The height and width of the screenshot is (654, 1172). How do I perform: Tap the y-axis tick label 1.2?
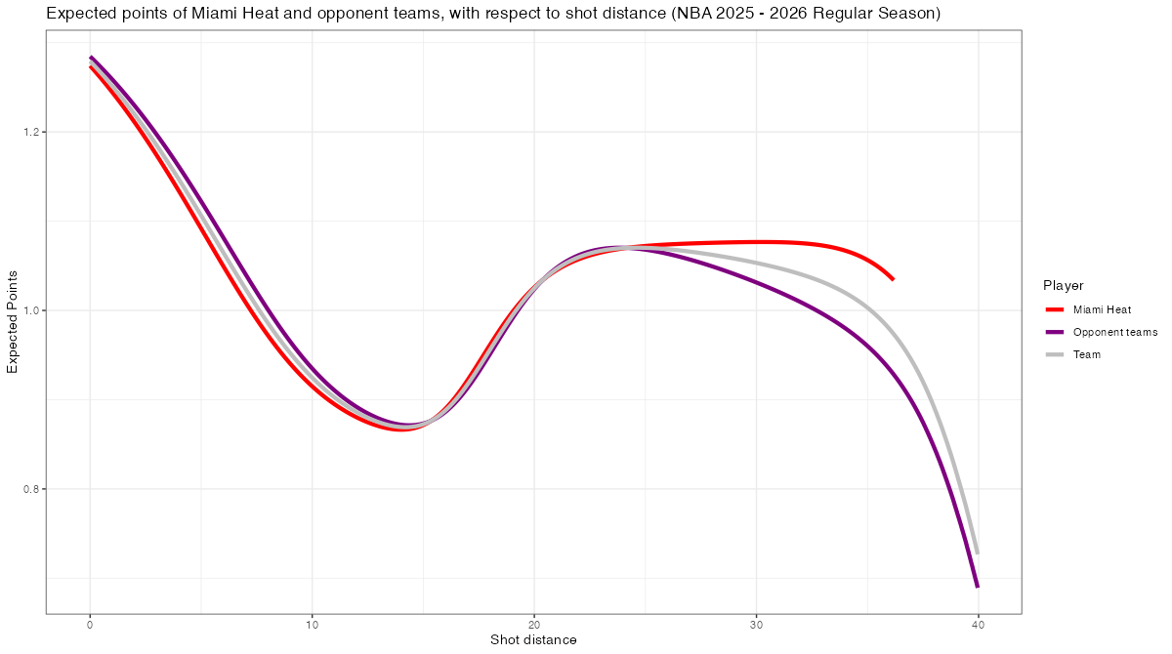point(27,132)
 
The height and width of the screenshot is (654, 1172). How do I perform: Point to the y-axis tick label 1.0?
point(27,310)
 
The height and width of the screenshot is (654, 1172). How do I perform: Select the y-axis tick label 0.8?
point(27,489)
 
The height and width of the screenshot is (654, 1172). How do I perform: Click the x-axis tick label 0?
point(90,625)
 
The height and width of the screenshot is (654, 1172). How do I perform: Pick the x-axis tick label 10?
point(312,625)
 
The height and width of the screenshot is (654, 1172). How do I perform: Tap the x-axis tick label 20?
point(534,625)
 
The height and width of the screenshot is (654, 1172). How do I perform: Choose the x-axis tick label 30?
point(756,625)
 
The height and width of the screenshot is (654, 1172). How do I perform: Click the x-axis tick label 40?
point(978,625)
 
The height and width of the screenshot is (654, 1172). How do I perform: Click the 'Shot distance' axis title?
point(533,640)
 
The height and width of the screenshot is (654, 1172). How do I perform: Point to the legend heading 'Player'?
point(1063,285)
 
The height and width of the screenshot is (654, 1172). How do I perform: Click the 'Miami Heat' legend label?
point(1102,309)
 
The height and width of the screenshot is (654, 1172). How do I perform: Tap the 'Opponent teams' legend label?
point(1114,332)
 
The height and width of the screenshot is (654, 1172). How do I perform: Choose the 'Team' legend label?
point(1086,354)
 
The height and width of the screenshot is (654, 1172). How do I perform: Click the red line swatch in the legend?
point(1055,309)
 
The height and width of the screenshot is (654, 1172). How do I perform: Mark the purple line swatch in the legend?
point(1055,332)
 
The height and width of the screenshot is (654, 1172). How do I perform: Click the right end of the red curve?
point(893,279)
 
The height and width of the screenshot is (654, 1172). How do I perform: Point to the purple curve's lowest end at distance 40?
point(978,587)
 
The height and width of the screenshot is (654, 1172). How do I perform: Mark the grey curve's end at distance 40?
point(978,553)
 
